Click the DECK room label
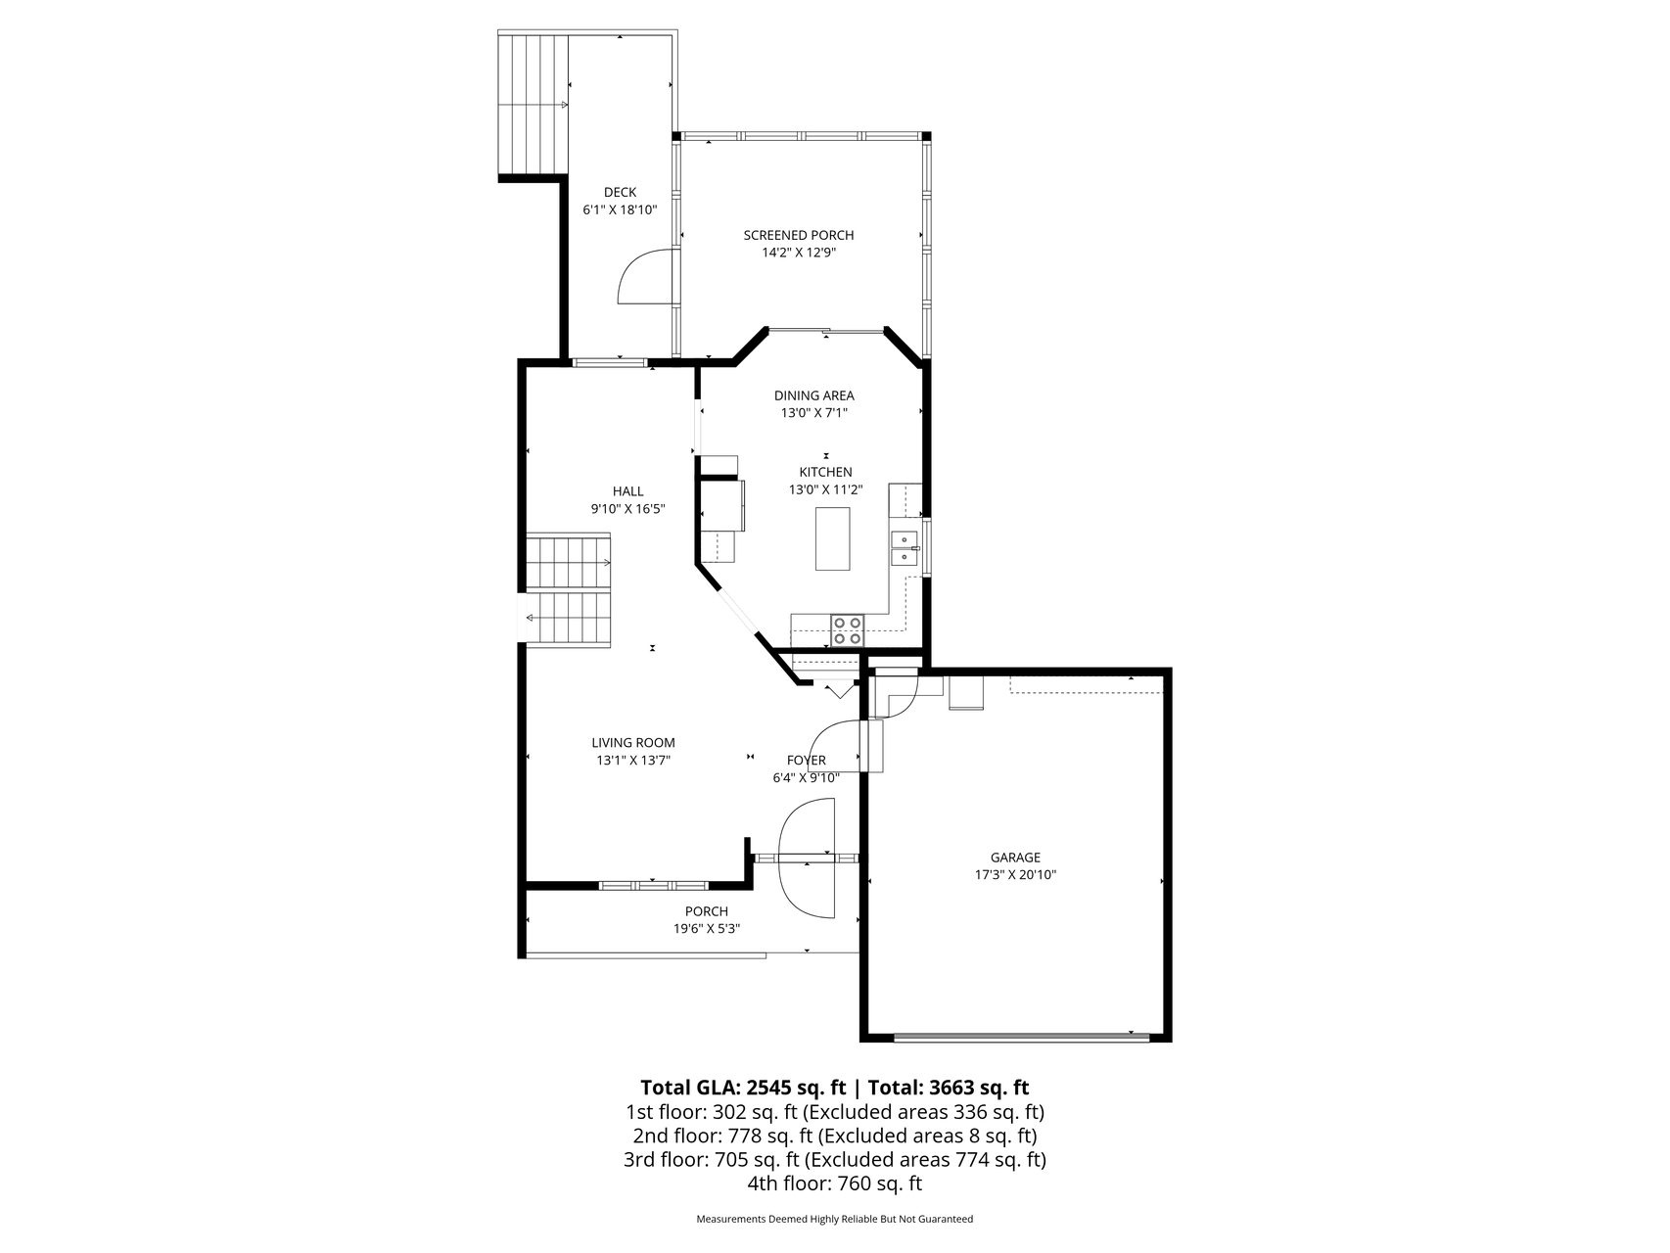click(x=620, y=192)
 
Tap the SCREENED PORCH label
click(x=799, y=235)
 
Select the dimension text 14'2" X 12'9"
click(x=799, y=253)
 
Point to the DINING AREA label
click(x=814, y=395)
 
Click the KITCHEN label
click(x=826, y=472)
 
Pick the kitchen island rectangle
click(x=833, y=538)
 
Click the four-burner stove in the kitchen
click(x=848, y=629)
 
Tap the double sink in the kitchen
click(x=904, y=547)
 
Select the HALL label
click(x=628, y=491)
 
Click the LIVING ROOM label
click(x=633, y=743)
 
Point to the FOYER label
click(x=807, y=761)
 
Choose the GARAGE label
click(x=1015, y=858)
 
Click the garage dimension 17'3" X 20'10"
click(x=1015, y=875)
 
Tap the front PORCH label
click(x=707, y=911)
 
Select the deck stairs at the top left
click(x=534, y=104)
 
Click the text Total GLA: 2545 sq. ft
click(x=743, y=1088)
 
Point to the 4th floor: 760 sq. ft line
click(x=835, y=1183)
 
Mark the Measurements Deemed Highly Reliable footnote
click(x=835, y=1220)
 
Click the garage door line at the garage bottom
click(x=1022, y=1037)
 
